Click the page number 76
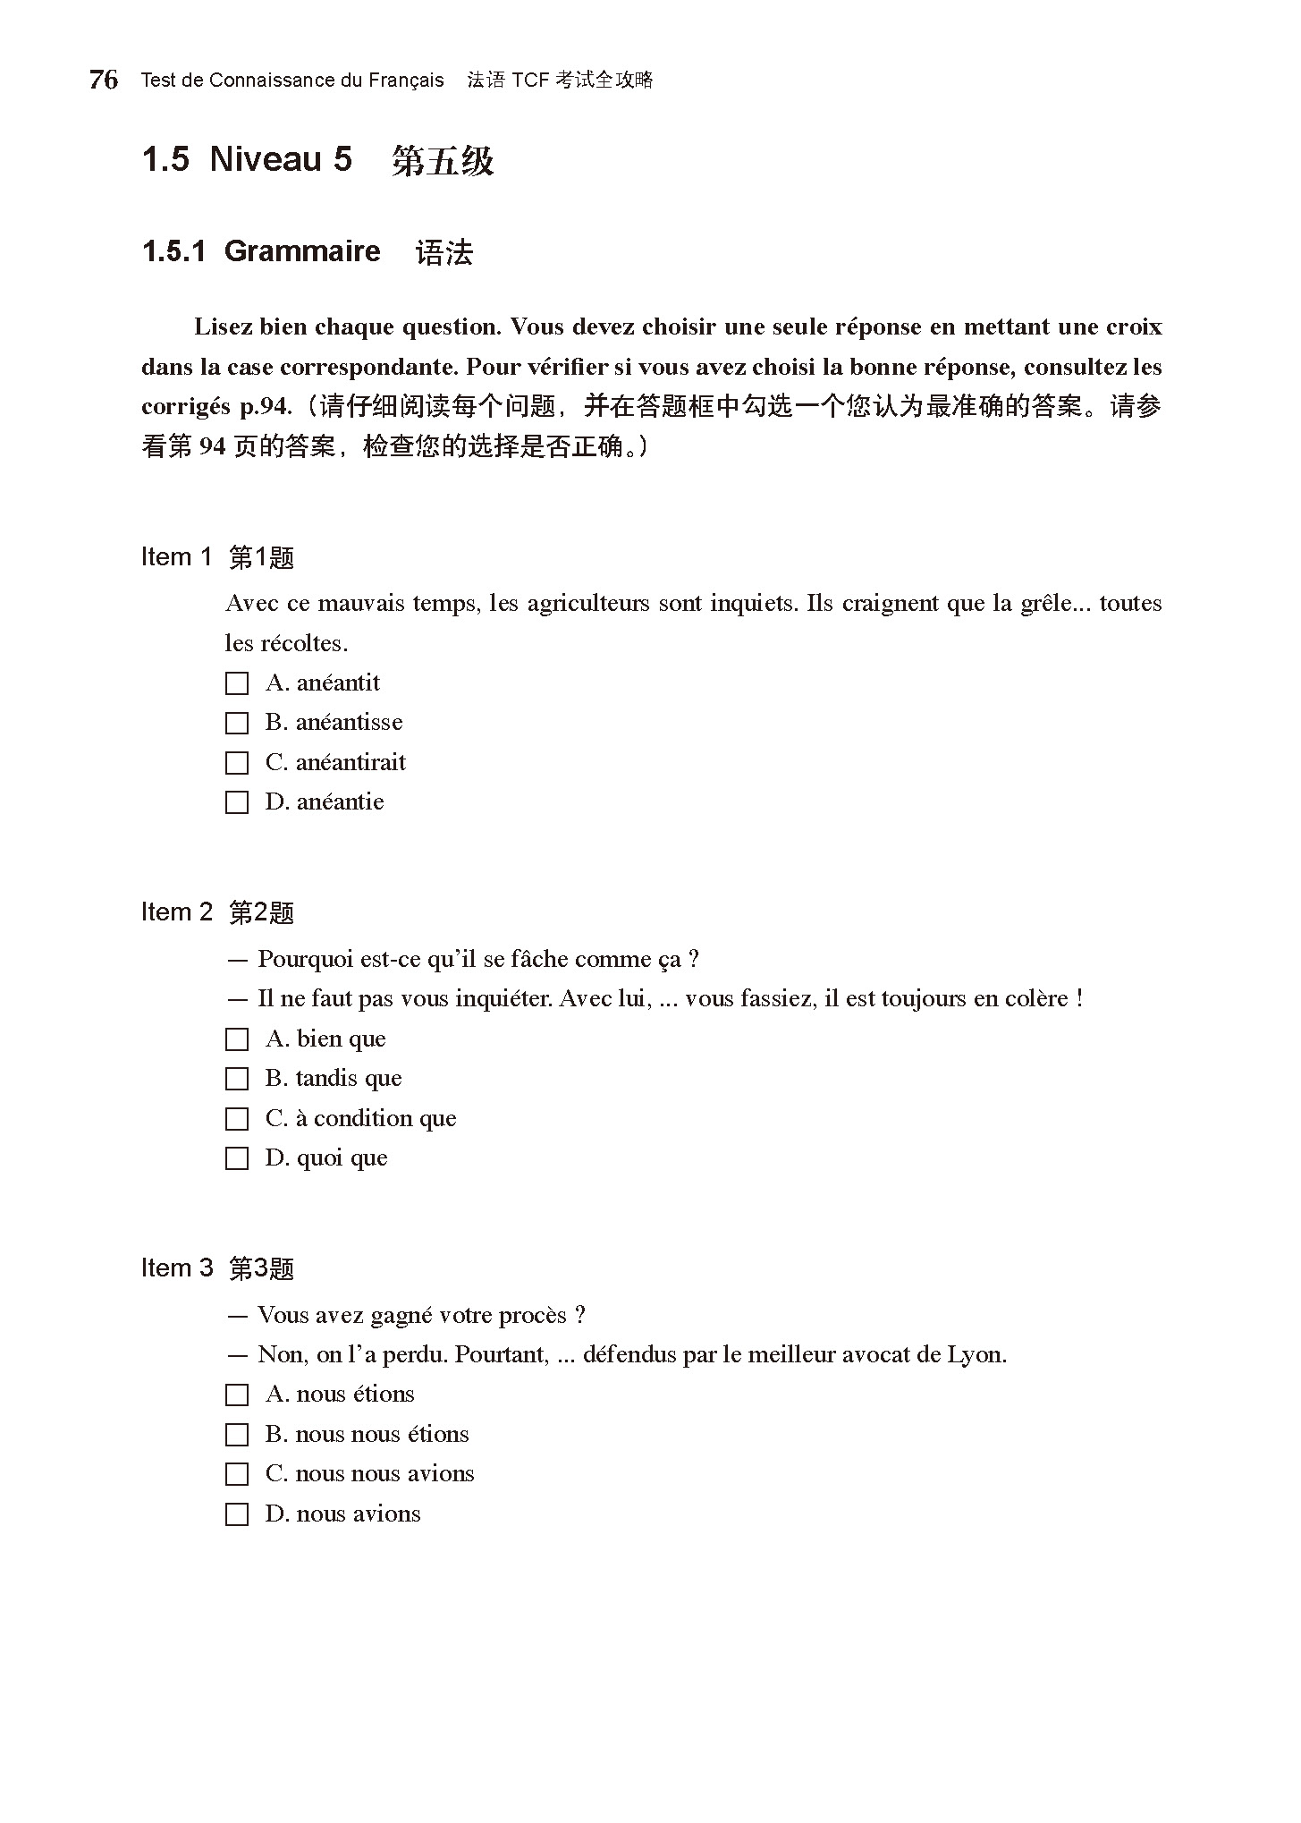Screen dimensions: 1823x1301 [x=104, y=80]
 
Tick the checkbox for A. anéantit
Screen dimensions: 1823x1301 [x=237, y=683]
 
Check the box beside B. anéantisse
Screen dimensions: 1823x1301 [x=237, y=723]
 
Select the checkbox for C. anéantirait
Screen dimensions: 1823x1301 [x=237, y=763]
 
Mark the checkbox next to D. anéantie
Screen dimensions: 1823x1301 [x=237, y=802]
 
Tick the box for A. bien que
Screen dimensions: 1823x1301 [x=237, y=1039]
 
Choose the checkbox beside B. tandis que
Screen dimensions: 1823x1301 [x=237, y=1079]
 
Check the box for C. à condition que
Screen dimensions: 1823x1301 [x=237, y=1119]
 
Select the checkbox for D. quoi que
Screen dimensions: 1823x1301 [x=237, y=1158]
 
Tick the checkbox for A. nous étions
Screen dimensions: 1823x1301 [x=237, y=1395]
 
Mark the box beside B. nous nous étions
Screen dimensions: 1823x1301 [x=237, y=1435]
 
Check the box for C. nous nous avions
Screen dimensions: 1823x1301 [x=237, y=1474]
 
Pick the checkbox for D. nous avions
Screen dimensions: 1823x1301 [x=237, y=1514]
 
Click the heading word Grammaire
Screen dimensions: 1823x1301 [x=302, y=251]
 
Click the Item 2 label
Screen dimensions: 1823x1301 [x=177, y=912]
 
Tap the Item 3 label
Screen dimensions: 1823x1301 [x=177, y=1268]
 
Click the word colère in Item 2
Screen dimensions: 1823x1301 [x=1038, y=998]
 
